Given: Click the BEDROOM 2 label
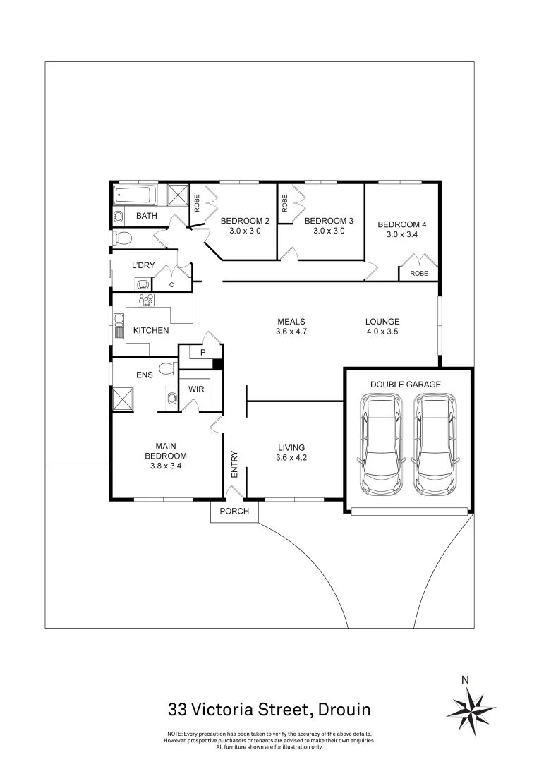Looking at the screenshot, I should coord(246,220).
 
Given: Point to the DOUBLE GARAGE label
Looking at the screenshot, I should coord(406,385).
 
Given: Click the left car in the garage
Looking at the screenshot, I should coord(381,445).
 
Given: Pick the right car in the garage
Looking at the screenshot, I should coord(435,445).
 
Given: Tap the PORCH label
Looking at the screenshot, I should coord(235,512).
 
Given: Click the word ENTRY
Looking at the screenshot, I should coord(235,466).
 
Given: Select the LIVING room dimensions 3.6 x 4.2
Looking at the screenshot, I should coord(291,458).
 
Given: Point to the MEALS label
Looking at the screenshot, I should coord(291,322).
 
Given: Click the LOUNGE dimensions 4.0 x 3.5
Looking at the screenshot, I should coord(383,332).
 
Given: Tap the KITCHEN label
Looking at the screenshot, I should coord(151,330).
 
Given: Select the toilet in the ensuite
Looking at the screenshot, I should coord(166,368).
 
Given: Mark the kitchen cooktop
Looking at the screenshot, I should coord(146,299).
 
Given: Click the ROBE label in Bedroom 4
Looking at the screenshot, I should coord(419,273).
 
